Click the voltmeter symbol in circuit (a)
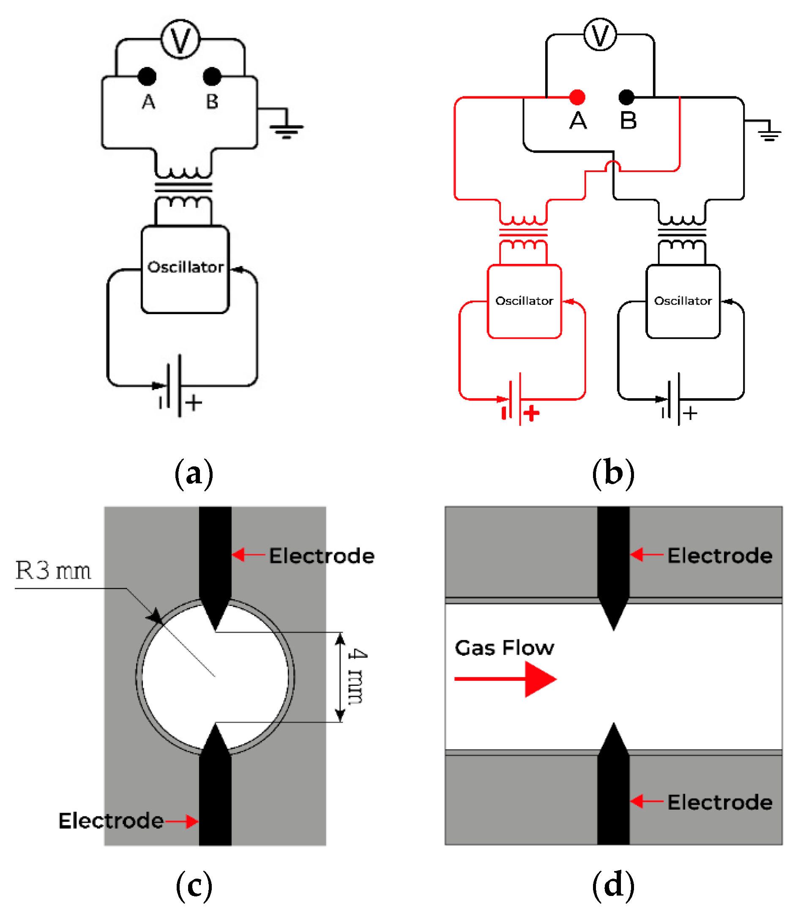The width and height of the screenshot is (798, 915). (x=181, y=39)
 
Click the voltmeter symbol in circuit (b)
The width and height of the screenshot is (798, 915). (x=600, y=35)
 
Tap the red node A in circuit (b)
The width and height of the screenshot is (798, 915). (x=577, y=97)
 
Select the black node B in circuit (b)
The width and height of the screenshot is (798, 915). (x=626, y=97)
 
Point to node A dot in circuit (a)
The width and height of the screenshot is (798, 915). (x=147, y=76)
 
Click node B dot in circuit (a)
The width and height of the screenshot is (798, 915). (x=212, y=76)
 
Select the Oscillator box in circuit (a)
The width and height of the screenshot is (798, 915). (x=185, y=270)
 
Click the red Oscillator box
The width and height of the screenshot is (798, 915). (x=525, y=301)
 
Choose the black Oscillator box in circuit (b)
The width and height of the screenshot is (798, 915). (x=683, y=301)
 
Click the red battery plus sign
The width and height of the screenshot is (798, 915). (x=532, y=413)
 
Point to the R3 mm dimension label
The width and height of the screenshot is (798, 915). (x=53, y=570)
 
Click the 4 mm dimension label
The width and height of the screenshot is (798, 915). (x=357, y=677)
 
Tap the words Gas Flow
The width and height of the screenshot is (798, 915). (x=505, y=648)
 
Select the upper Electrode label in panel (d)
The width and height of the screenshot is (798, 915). (x=720, y=556)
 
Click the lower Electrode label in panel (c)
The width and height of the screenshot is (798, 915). (x=111, y=821)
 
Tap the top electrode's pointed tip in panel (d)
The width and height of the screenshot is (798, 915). (x=614, y=630)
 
